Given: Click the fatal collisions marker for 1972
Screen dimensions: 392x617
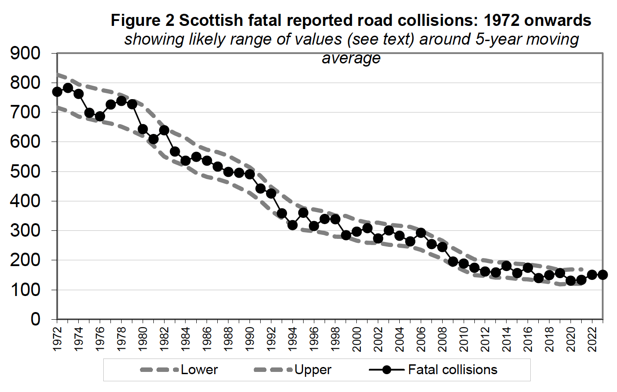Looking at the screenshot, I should coord(57,92).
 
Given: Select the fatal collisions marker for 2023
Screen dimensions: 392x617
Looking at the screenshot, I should coord(603,275).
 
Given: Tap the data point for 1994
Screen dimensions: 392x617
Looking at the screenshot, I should coord(292,225).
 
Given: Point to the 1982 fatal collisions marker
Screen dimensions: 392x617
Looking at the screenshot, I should coord(164,130).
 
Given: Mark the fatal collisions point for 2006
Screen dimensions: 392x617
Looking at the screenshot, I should coord(421,233).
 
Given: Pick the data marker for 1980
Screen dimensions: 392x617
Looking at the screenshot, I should coord(143,129).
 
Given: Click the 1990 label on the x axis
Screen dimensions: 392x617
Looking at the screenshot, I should coord(250,339).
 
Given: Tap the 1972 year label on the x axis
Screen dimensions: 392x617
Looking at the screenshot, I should coord(57,339).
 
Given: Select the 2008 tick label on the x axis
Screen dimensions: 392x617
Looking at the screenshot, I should coord(443,339).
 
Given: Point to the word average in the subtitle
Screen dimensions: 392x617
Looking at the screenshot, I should coord(351,58).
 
